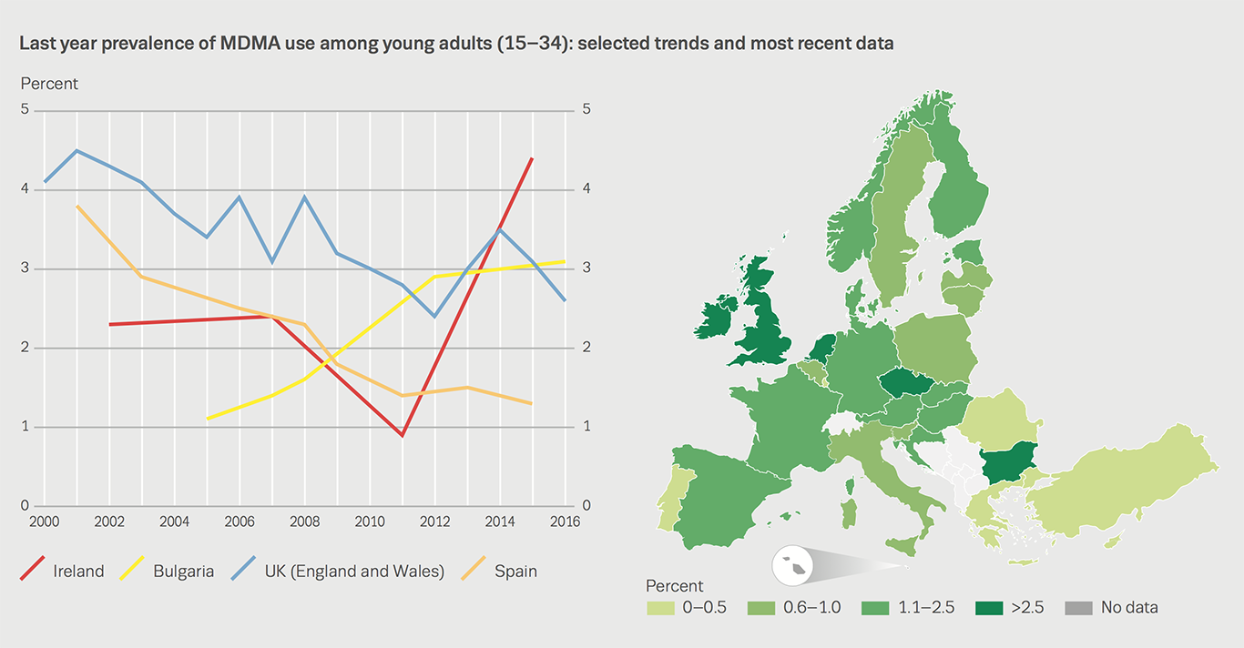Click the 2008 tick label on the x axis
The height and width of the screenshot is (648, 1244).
[x=304, y=522]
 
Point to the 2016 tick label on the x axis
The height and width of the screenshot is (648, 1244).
[x=564, y=522]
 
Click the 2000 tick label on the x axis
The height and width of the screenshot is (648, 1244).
[x=45, y=522]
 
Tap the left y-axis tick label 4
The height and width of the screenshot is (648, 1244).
[x=25, y=189]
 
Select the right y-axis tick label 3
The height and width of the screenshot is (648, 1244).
[x=586, y=268]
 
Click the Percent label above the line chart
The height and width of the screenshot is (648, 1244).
[x=49, y=84]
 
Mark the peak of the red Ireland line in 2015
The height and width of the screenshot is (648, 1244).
[x=532, y=158]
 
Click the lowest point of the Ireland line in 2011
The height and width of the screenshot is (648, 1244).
[x=402, y=435]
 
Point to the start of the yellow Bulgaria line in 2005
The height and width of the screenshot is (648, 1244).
[x=207, y=419]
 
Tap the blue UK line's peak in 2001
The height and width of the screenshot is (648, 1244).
[x=76, y=150]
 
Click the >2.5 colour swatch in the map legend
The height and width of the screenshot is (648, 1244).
[x=991, y=607]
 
